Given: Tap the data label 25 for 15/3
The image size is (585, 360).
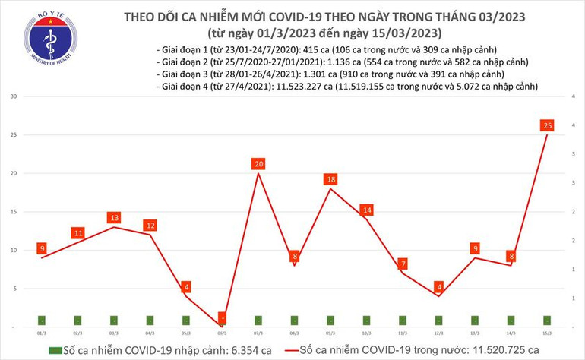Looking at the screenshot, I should tap(546, 125).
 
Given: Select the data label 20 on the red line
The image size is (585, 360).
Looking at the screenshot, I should tap(259, 164).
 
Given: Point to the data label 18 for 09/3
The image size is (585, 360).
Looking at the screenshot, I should tap(330, 179).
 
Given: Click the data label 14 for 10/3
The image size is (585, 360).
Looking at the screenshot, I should tap(367, 210).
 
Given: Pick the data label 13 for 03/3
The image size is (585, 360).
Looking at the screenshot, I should tap(114, 218).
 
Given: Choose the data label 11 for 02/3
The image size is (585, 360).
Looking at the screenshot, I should tap(78, 233).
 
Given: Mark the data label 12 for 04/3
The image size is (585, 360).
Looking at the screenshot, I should tap(150, 226).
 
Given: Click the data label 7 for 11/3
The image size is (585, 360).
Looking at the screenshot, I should tap(403, 264).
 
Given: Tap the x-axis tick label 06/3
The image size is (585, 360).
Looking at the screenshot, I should tap(222, 333).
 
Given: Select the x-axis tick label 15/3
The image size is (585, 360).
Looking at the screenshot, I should tap(546, 333).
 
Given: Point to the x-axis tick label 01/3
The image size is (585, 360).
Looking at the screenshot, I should tap(43, 333).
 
